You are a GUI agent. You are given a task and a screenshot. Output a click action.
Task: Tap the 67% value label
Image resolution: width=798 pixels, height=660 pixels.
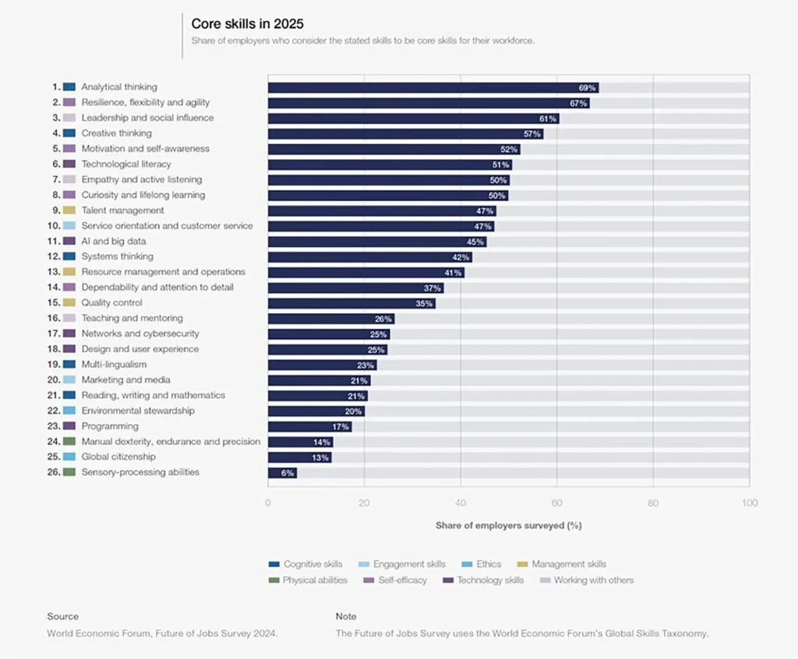577,103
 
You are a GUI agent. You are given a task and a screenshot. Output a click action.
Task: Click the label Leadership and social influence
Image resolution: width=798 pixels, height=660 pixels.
147,118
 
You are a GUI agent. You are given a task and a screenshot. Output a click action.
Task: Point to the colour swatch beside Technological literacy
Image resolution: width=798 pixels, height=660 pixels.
69,164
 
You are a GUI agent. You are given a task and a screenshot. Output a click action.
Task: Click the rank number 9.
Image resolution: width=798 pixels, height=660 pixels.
56,210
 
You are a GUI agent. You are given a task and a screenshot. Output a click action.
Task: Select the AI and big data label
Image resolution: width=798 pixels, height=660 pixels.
114,242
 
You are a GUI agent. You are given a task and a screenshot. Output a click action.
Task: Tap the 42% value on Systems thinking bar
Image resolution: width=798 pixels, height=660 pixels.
460,256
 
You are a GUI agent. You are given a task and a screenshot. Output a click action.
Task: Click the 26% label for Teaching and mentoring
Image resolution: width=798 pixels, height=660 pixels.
383,319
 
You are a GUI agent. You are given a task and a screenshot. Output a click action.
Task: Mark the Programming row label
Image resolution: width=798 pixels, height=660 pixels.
110,426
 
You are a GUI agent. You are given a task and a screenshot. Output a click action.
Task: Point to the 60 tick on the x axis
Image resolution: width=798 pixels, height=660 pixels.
556,503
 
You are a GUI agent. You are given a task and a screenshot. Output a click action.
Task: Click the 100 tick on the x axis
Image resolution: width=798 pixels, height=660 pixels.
749,503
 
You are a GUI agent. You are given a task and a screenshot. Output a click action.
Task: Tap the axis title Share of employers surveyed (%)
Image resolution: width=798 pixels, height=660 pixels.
508,526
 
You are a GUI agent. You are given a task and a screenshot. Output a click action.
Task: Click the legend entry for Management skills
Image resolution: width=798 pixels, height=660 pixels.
568,564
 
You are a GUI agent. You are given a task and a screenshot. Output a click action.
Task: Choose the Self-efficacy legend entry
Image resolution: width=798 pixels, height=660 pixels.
402,580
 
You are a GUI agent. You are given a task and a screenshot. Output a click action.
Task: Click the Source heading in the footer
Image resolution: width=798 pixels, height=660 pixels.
62,616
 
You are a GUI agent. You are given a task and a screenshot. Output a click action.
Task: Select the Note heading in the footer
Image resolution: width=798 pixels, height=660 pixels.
346,616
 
